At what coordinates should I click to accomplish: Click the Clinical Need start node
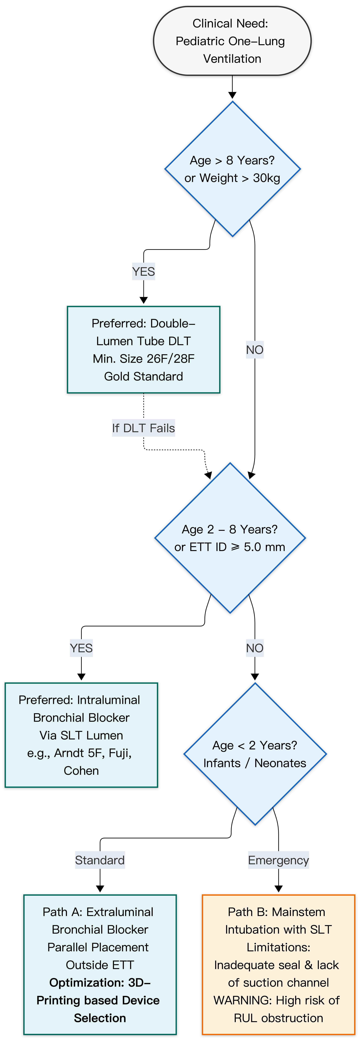(232, 41)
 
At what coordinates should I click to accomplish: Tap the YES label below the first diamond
(143, 272)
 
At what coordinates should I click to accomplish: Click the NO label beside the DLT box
(255, 350)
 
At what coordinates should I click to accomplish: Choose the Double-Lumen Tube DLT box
(143, 349)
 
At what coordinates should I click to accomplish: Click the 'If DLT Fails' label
(143, 428)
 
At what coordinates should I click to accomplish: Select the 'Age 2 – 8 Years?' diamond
(230, 538)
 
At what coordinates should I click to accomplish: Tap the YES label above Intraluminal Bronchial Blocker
(81, 648)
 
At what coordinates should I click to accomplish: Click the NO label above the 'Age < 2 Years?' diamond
(255, 648)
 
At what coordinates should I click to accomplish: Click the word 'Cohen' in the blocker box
(81, 771)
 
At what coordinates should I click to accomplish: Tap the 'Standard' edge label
(100, 860)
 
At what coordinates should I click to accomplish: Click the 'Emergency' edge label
(278, 860)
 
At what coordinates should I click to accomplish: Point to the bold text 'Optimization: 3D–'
(100, 982)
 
